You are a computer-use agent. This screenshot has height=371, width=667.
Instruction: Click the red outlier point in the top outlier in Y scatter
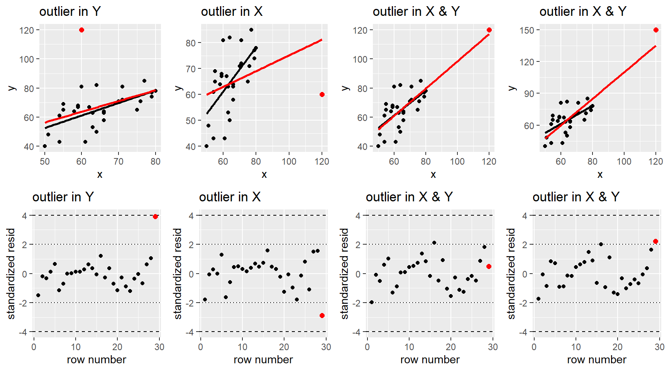click(81, 30)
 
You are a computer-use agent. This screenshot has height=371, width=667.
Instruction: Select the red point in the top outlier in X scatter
click(322, 95)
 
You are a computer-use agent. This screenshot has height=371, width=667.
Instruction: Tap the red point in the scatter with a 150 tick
click(656, 30)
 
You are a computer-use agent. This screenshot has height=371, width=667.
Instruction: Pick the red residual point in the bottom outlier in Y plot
click(155, 217)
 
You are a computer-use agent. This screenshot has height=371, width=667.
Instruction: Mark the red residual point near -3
click(322, 316)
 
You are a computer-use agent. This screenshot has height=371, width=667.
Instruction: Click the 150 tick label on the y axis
click(526, 30)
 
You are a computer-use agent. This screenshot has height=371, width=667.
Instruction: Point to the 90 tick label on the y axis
click(529, 94)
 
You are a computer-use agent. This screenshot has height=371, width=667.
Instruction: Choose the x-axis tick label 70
click(119, 162)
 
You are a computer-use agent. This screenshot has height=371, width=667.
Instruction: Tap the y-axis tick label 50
click(191, 121)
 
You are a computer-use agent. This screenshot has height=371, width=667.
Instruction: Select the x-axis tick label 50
click(45, 162)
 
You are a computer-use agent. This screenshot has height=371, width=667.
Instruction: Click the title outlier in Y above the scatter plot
click(70, 12)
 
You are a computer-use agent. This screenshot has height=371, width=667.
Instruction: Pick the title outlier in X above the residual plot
click(230, 197)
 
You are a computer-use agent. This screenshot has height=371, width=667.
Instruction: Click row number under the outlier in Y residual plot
click(96, 360)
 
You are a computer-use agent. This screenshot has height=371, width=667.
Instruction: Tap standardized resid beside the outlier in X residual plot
click(178, 274)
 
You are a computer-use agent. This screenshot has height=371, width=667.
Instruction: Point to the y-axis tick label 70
click(191, 69)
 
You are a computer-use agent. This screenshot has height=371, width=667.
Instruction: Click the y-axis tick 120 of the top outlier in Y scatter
click(27, 30)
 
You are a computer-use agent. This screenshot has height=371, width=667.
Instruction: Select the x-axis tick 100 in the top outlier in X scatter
click(289, 162)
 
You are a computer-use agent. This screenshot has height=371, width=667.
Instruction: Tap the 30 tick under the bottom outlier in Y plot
click(159, 347)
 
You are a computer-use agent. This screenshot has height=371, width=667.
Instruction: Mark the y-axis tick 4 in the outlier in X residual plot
click(191, 216)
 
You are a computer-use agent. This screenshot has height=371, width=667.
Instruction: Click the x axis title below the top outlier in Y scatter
click(100, 175)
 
